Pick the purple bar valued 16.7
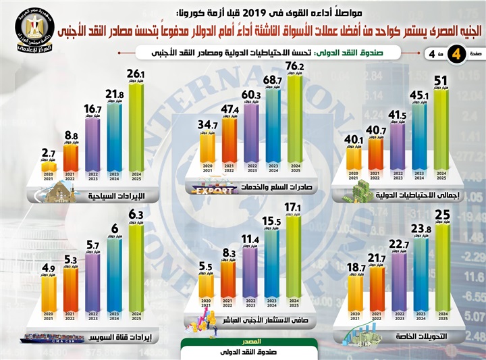coord(92,145)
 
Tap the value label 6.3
coord(136,215)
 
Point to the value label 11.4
coord(250,239)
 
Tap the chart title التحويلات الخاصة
coord(421,336)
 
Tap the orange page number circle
coord(458,55)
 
